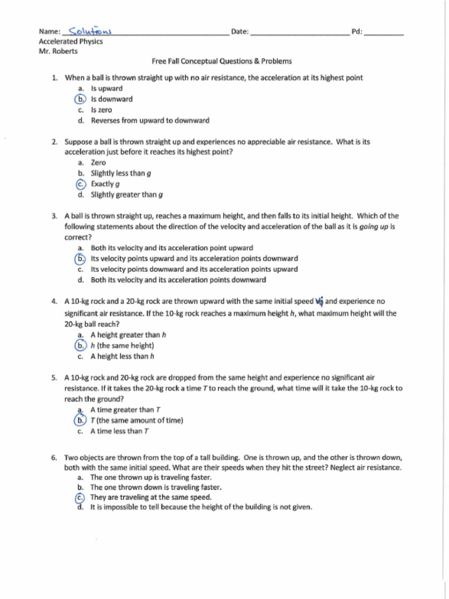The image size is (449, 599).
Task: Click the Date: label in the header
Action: (240, 32)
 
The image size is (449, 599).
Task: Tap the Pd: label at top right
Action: (357, 32)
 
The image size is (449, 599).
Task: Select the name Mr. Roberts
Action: (58, 51)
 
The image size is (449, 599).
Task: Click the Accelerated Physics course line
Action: (71, 42)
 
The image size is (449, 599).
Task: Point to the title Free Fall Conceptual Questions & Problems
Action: (222, 61)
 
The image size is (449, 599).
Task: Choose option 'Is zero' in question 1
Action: (101, 110)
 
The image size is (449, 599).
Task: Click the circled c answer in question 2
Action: (81, 184)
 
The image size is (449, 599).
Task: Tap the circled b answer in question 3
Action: (81, 259)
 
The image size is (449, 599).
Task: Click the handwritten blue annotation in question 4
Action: (319, 302)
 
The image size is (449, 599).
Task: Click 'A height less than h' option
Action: (121, 356)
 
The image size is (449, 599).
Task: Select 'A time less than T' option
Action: (120, 431)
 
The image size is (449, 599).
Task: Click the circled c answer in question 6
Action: (81, 497)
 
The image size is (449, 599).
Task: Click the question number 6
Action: (54, 457)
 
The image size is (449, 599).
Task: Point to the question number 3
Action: (54, 216)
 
